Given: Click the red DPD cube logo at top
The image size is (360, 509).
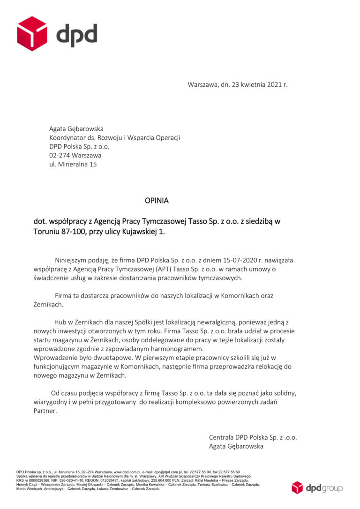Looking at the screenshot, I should [x=32, y=33].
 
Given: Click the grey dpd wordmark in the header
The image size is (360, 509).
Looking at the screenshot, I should [x=76, y=35].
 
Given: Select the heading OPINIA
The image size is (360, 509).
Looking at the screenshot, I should [x=157, y=201].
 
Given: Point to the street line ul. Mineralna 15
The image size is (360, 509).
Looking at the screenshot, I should [x=73, y=164].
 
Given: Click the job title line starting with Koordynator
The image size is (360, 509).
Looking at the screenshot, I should [x=115, y=137].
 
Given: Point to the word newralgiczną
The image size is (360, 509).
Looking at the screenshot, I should [x=210, y=322].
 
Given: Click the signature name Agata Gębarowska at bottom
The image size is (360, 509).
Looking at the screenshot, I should [x=236, y=446].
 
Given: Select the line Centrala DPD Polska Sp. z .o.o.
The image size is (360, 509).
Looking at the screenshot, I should [x=253, y=437].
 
